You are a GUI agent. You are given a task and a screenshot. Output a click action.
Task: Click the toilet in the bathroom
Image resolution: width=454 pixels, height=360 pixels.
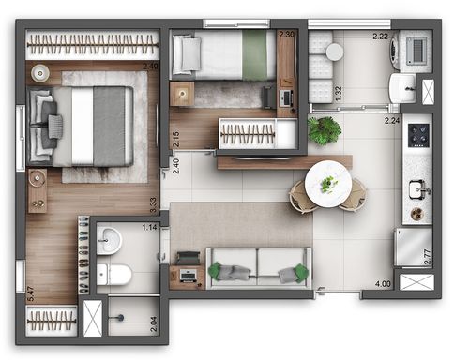[x=113, y=275]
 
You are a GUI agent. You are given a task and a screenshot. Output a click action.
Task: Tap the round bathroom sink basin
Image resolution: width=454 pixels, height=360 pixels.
[x=109, y=241]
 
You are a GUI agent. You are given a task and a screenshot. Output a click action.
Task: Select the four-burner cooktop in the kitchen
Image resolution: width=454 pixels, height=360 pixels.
[x=418, y=135]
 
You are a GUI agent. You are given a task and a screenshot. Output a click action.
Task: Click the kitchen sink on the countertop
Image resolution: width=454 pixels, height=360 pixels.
[x=419, y=189]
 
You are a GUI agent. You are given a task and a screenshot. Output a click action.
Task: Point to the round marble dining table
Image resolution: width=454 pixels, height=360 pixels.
[x=328, y=184]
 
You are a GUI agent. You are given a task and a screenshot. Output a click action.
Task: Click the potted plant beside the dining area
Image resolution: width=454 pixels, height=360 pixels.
[x=324, y=130]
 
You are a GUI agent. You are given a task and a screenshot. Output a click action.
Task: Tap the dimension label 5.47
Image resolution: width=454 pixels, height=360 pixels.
[x=31, y=294]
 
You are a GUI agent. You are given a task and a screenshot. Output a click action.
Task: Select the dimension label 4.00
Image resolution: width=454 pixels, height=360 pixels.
[x=383, y=284]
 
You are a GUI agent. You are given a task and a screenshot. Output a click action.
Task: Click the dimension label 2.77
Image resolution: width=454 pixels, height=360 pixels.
[x=428, y=257]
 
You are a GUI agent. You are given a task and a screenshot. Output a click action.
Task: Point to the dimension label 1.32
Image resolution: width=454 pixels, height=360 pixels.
[x=339, y=94]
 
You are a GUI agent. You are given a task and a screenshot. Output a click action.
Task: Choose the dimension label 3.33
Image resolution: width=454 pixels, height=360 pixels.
[x=153, y=205]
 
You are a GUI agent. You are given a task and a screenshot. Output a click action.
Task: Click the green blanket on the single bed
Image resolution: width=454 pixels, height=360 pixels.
[x=254, y=55]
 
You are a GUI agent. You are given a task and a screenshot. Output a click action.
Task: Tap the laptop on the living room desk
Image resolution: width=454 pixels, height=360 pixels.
[x=189, y=276]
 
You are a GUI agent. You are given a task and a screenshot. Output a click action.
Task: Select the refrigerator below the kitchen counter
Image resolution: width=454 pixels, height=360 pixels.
[x=414, y=247]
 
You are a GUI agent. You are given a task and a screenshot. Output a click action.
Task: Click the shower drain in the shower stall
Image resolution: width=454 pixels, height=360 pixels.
[x=120, y=318]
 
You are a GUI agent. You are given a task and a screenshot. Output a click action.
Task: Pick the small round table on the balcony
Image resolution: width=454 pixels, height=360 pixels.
[x=335, y=52]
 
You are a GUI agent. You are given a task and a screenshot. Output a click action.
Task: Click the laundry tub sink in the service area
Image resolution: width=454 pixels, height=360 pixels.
[x=402, y=88]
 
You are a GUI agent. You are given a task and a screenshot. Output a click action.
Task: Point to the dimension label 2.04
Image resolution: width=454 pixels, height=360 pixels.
[x=154, y=325]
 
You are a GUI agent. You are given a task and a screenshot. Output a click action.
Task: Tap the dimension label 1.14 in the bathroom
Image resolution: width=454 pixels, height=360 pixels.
[x=149, y=227]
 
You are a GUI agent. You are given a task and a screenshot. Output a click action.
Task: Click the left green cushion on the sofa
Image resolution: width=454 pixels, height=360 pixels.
[x=216, y=270]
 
